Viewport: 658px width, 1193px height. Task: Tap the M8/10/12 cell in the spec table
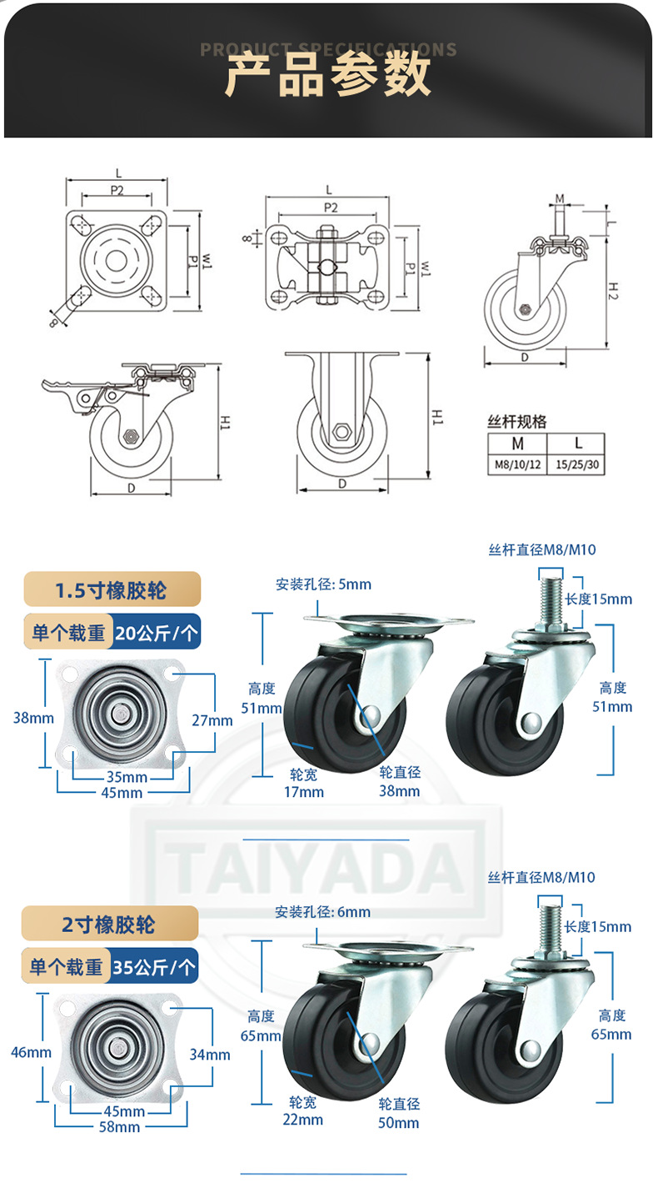click(x=516, y=464)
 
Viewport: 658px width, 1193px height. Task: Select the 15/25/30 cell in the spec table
click(x=576, y=464)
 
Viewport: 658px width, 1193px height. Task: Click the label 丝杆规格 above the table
click(x=516, y=422)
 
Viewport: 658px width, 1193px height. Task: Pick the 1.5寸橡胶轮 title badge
click(x=112, y=590)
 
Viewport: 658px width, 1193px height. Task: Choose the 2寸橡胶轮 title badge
click(x=109, y=924)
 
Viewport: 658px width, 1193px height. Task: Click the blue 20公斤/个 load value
click(x=167, y=634)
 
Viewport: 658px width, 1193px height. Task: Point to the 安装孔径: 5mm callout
click(x=323, y=584)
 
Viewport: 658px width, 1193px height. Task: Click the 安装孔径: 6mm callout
click(x=323, y=911)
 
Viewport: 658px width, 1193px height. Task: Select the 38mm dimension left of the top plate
click(x=33, y=717)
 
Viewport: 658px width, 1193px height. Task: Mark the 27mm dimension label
click(x=212, y=720)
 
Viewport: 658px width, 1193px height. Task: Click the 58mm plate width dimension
click(x=119, y=1127)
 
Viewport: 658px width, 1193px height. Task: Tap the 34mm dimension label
click(x=210, y=1055)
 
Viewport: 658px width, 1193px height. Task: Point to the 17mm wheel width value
click(x=304, y=791)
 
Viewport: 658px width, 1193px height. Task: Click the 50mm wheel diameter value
click(x=399, y=1122)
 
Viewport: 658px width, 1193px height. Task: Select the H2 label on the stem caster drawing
click(x=612, y=290)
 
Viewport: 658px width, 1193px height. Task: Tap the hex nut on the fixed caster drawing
click(x=341, y=432)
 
